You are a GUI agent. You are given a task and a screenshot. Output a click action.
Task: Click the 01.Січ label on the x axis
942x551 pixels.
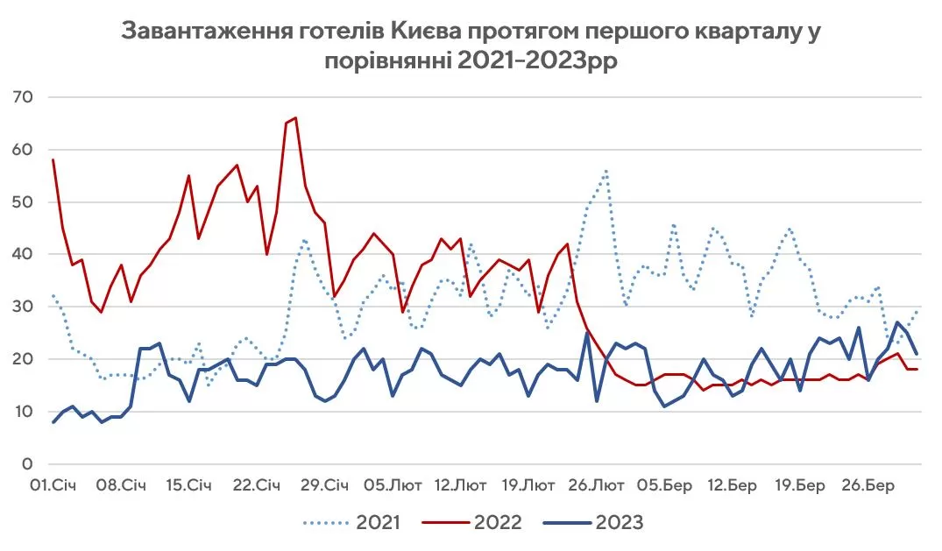[x=52, y=484]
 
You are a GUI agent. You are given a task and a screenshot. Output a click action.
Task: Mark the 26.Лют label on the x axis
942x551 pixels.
[x=598, y=484]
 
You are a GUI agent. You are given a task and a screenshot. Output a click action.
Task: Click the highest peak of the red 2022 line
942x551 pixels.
[x=295, y=117]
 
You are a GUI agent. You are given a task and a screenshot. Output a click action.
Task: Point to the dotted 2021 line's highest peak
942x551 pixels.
[x=606, y=172]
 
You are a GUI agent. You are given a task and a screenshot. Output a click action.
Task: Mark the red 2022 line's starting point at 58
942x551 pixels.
[x=53, y=160]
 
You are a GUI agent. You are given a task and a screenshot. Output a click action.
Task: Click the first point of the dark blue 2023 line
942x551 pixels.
[x=53, y=422]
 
